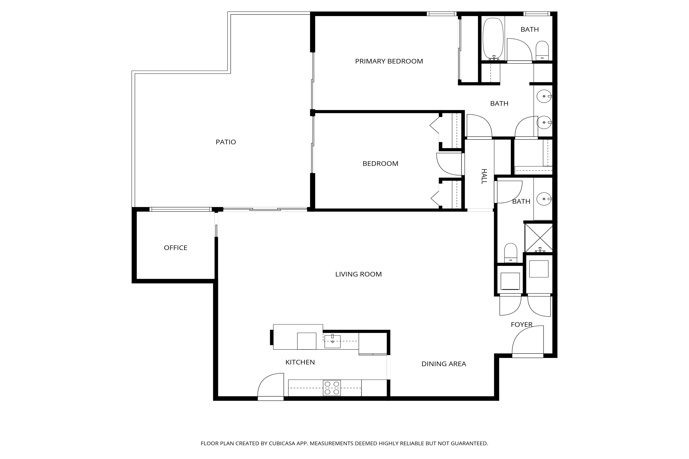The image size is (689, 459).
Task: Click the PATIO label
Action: pyautogui.click(x=226, y=142)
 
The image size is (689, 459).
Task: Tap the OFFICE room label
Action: pyautogui.click(x=176, y=248)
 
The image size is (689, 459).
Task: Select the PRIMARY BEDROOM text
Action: pyautogui.click(x=389, y=61)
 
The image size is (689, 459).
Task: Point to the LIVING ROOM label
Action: pyautogui.click(x=358, y=274)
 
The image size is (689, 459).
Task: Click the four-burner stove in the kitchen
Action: pyautogui.click(x=332, y=388)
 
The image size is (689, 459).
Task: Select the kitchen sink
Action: pyautogui.click(x=332, y=342)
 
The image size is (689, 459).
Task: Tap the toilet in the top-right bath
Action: pyautogui.click(x=542, y=50)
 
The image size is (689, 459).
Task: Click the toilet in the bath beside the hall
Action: pyautogui.click(x=511, y=253)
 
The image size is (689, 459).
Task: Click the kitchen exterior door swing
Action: pyautogui.click(x=271, y=386)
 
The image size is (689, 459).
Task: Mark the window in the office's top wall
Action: pyautogui.click(x=180, y=209)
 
